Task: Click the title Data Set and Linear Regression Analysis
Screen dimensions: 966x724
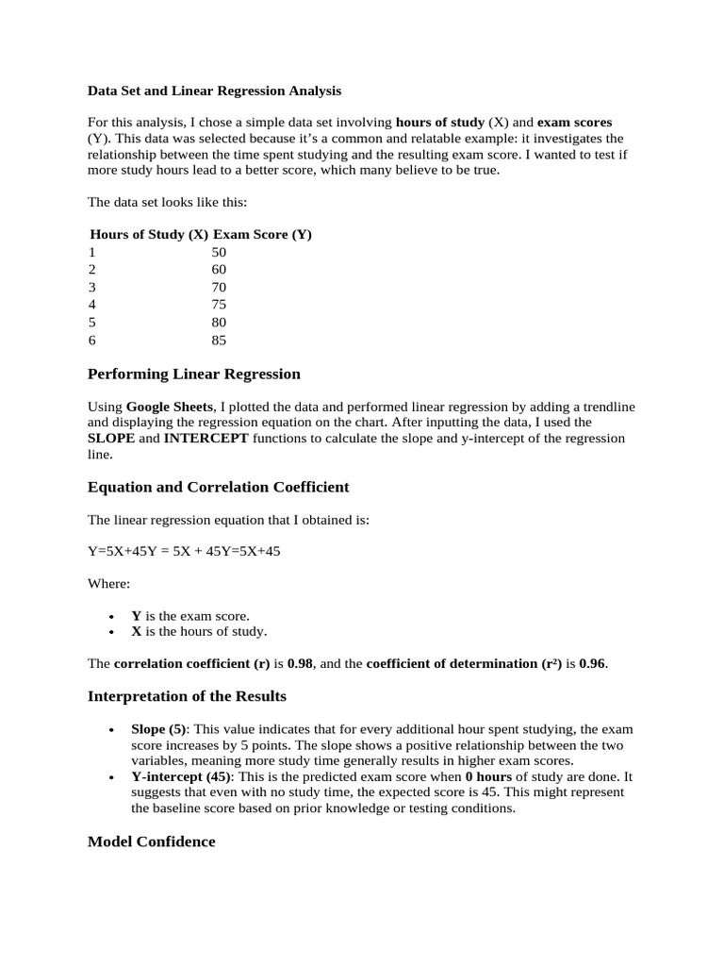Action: tap(214, 92)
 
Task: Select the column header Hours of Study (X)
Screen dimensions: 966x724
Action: tap(149, 235)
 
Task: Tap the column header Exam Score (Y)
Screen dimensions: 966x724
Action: tap(262, 235)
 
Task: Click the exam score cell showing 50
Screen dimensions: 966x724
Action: tap(220, 253)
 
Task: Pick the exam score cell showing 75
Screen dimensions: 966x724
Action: tap(220, 305)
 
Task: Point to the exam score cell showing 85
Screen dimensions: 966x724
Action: tap(220, 341)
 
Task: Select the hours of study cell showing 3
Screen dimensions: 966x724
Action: tap(92, 287)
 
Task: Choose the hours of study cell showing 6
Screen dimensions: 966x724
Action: tap(92, 341)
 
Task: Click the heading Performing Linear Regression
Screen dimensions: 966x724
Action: tap(193, 375)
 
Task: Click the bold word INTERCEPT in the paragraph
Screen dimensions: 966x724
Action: tap(206, 439)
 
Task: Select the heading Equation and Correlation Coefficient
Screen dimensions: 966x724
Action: tap(218, 488)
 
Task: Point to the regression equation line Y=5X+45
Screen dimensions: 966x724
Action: tap(184, 552)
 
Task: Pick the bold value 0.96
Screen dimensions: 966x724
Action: tap(592, 663)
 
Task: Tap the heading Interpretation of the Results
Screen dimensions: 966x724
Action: tap(187, 696)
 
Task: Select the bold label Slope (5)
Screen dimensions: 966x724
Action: tap(158, 730)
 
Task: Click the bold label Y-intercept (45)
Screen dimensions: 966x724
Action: tap(181, 776)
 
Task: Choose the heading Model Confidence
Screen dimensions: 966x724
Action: tap(151, 841)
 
